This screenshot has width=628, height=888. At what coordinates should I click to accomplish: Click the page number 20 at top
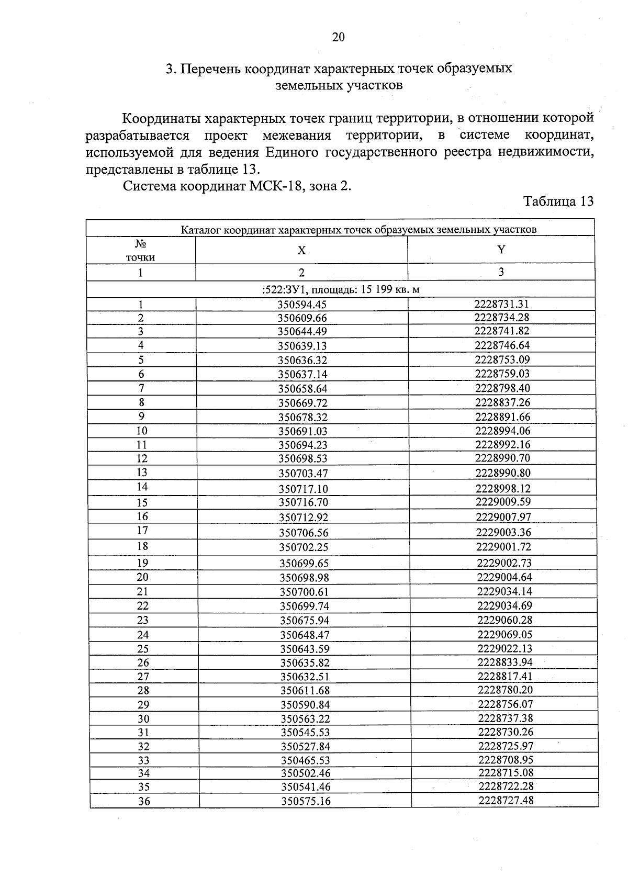(x=338, y=37)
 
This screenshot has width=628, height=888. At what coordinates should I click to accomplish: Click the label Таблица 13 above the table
(x=558, y=201)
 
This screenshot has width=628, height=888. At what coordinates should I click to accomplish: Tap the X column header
(x=301, y=251)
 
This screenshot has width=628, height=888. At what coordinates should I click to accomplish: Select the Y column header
(x=501, y=250)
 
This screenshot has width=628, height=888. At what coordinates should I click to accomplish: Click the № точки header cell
(x=140, y=251)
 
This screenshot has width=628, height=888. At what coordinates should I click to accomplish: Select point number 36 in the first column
(x=144, y=801)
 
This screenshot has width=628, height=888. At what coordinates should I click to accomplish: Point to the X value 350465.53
(x=306, y=760)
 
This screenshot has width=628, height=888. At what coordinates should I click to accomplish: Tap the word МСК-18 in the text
(x=272, y=186)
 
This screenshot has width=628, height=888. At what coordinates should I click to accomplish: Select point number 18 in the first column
(x=142, y=546)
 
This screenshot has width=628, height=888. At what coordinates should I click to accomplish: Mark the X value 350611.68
(x=305, y=691)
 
